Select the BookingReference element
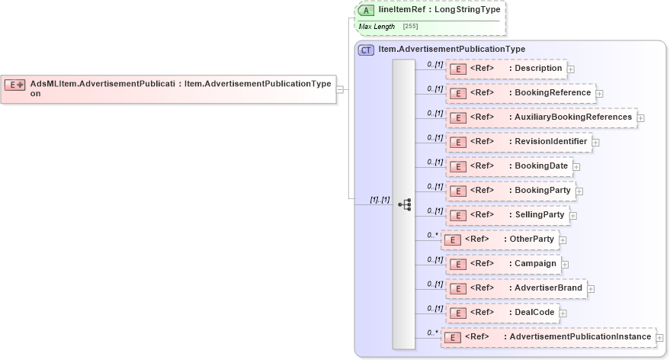520,93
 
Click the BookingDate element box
508,166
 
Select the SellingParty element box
507,215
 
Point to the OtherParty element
499,239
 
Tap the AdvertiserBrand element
516,288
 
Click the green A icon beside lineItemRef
367,11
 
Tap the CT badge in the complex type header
367,50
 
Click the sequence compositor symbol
404,204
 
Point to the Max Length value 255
410,27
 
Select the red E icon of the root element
16,85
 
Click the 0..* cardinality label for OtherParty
433,235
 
